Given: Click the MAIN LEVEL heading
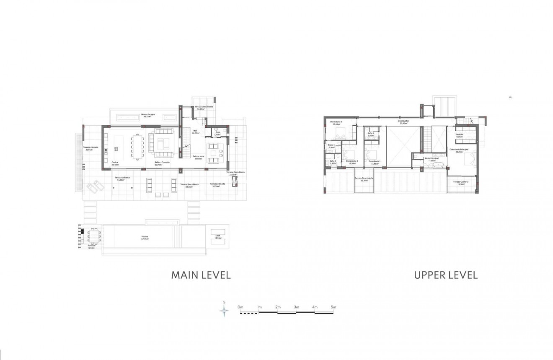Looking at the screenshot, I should pyautogui.click(x=201, y=275).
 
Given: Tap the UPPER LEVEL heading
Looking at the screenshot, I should pyautogui.click(x=446, y=275).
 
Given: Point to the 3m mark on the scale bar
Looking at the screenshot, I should pyautogui.click(x=296, y=308).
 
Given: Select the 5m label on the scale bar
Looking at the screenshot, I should pyautogui.click(x=333, y=308).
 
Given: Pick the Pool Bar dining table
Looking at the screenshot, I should pyautogui.click(x=94, y=237).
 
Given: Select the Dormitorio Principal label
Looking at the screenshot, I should pyautogui.click(x=456, y=150).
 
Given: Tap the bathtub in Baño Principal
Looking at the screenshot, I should pyautogui.click(x=438, y=165).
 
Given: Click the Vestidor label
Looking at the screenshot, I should pyautogui.click(x=459, y=135).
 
